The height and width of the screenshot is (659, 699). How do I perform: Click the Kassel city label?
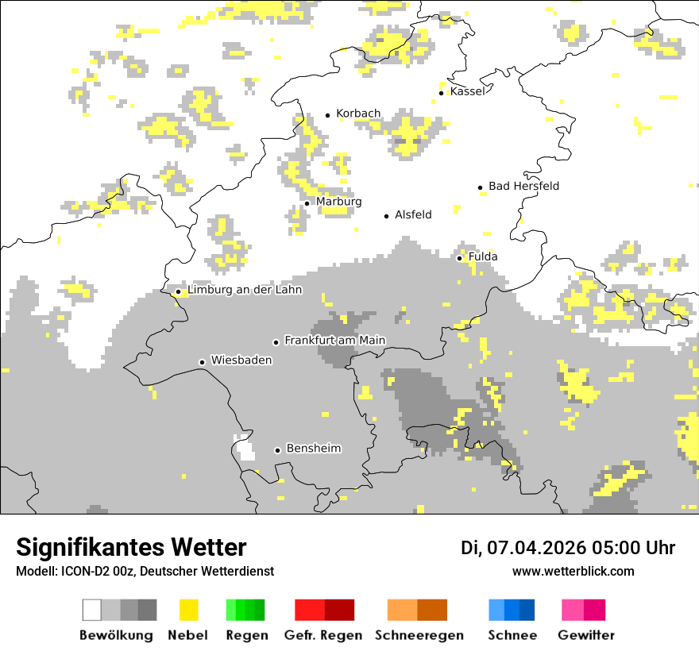tap(467, 91)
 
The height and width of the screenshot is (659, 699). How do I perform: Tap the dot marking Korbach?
tap(327, 115)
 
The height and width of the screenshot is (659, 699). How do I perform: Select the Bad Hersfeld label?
tap(523, 186)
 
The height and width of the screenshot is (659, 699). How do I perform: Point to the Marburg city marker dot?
tap(307, 203)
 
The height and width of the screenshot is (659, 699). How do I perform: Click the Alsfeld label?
tap(413, 214)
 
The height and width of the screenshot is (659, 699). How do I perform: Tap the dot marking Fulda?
tap(459, 258)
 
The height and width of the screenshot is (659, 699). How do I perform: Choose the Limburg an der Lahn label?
tap(244, 290)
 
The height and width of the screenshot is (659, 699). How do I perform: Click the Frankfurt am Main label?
tap(334, 340)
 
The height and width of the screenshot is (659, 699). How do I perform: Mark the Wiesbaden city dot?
tap(202, 362)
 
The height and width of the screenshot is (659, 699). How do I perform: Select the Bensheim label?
tap(313, 449)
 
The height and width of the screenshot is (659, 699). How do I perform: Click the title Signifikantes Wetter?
tap(131, 547)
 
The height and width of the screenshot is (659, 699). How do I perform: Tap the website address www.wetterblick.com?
tap(573, 572)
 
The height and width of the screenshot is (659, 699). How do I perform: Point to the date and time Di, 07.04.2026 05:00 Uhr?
tap(567, 548)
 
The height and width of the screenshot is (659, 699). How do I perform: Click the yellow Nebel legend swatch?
tap(188, 610)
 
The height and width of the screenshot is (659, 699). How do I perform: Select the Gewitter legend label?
tap(585, 635)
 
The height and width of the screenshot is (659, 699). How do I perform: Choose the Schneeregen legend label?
tap(419, 635)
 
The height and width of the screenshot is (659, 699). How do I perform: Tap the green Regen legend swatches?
tap(245, 610)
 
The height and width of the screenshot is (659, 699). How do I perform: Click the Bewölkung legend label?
tap(116, 635)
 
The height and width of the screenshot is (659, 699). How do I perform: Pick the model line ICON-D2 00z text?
tap(145, 572)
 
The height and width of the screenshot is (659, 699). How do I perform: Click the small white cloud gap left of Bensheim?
tap(245, 449)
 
